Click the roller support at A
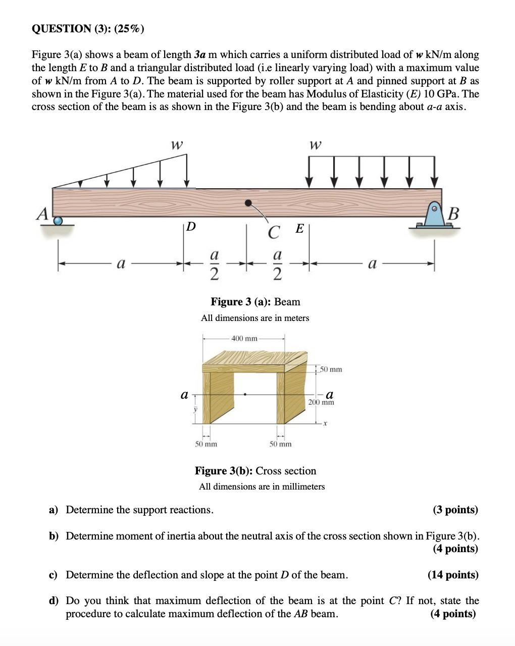pos(59,221)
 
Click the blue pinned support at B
pos(434,216)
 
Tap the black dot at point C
pos(248,203)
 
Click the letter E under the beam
pos(299,229)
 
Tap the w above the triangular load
pos(176,145)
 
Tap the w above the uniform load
pos(315,145)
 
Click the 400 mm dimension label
pos(244,338)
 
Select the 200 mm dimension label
pos(321,402)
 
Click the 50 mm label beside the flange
pos(331,369)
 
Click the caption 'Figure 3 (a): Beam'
pos(255,302)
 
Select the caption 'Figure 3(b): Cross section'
pos(255,471)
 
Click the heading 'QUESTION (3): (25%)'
pos(88,29)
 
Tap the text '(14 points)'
pos(452,575)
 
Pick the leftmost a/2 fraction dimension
pos(214,264)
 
